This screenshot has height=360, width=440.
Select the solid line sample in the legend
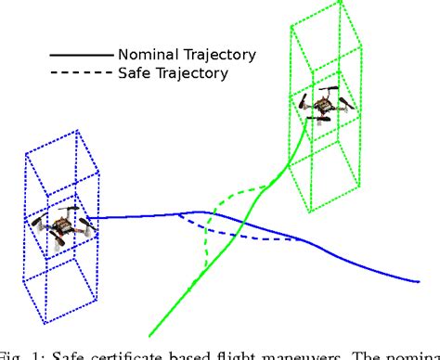tap(82, 53)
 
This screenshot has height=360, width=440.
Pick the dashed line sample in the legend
tap(82, 71)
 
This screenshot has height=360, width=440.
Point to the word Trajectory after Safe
tap(193, 71)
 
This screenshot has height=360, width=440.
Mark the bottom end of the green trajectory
tap(149, 334)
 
